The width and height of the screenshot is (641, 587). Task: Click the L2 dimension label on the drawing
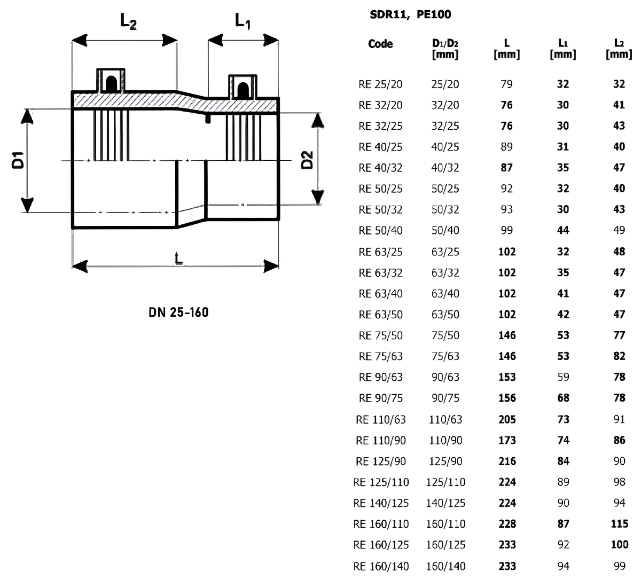[128, 21]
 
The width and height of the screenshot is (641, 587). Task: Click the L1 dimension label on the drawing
[243, 21]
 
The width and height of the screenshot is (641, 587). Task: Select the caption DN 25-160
[178, 312]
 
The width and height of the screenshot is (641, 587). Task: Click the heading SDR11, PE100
[410, 15]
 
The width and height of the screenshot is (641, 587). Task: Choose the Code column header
[380, 44]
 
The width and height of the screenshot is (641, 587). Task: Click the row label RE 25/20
[380, 84]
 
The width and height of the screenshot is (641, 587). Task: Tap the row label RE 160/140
[381, 566]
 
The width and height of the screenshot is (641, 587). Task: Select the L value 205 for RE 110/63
[506, 420]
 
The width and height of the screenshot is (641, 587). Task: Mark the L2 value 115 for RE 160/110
[619, 524]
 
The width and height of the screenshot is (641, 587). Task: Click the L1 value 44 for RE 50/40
[563, 231]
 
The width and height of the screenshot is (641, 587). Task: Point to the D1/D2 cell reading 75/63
[445, 356]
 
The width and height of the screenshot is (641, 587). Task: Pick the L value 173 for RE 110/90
[506, 441]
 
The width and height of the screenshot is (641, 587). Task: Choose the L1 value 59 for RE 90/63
[563, 377]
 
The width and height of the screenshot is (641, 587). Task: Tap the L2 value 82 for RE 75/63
[619, 356]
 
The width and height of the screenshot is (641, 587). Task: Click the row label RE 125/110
[381, 482]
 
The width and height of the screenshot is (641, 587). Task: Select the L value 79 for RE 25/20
[506, 84]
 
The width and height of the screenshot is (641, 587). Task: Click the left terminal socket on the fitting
[111, 80]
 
